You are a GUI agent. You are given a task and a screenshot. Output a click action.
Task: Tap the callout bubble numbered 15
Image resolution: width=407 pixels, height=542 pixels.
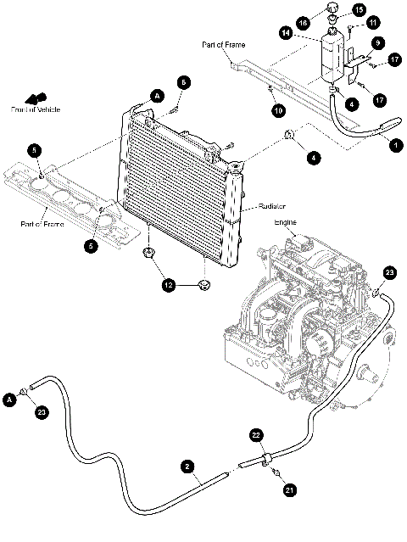coord(359,10)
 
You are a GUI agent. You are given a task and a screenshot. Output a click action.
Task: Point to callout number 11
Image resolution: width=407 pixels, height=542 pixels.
coord(373,22)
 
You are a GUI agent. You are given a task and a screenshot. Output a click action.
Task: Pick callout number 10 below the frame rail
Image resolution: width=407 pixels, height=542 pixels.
coord(276,110)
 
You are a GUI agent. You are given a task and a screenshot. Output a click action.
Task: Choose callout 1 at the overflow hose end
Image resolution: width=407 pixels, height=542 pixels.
coord(393,145)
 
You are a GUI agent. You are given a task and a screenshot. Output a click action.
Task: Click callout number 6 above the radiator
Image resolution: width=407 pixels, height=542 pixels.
coord(183,81)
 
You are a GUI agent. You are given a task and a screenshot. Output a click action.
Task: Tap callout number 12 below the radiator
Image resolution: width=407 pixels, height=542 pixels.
coord(169,287)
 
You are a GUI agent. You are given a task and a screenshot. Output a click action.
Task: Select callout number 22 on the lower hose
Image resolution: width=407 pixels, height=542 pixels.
coord(254,433)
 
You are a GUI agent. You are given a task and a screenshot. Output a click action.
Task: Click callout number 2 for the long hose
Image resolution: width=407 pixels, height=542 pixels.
coord(186,466)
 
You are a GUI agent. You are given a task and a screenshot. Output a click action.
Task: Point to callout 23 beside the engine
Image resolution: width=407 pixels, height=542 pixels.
coord(389,272)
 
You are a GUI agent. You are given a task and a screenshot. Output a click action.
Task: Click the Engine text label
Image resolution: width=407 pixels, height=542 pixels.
coord(285,221)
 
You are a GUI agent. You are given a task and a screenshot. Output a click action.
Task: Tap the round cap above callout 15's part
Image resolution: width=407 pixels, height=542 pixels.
coord(332,10)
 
